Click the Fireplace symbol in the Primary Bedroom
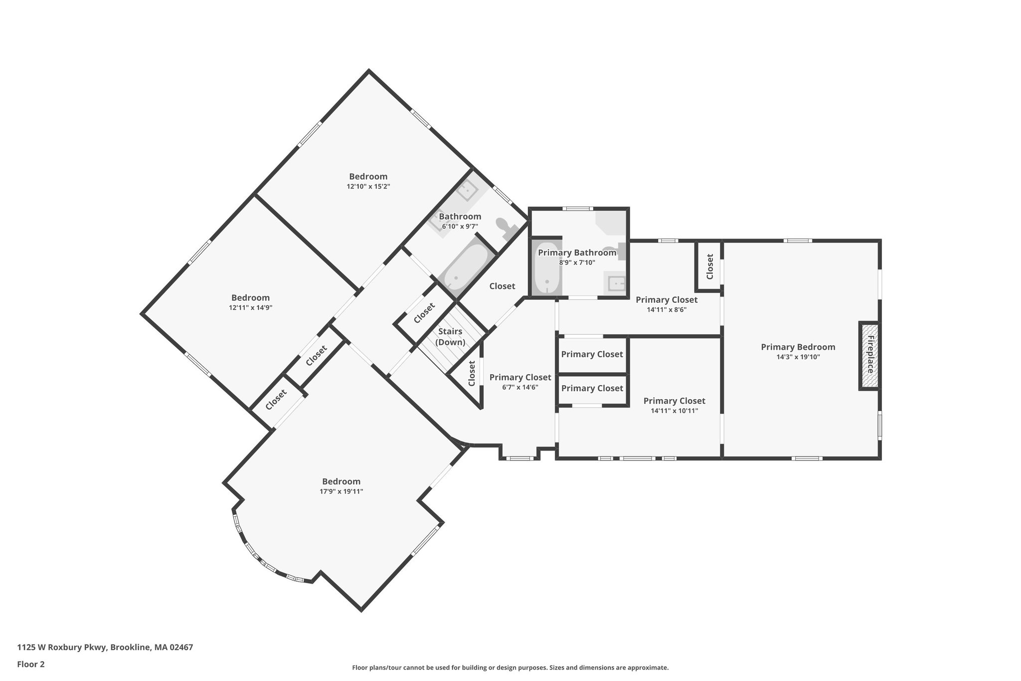869,355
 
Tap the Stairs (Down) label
450,337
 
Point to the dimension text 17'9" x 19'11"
341,491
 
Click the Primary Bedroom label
798,347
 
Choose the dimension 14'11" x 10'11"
674,411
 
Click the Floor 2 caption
31,664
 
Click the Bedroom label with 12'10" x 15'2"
368,177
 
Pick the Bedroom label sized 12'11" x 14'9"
250,298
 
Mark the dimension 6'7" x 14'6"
520,387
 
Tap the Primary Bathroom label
577,253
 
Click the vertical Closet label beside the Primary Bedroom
710,266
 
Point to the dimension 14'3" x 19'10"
798,357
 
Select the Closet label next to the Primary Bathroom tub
502,286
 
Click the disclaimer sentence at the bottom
510,668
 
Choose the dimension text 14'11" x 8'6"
667,309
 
